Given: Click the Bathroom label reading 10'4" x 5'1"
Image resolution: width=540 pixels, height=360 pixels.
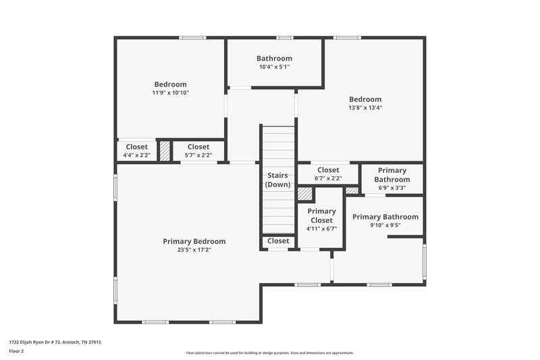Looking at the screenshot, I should (x=274, y=63).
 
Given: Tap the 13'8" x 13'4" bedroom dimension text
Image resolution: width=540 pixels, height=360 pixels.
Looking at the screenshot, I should (x=365, y=107).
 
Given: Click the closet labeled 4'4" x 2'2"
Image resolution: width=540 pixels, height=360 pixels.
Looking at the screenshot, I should (x=136, y=151).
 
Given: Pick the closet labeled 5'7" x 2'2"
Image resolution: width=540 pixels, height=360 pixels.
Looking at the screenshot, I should (x=198, y=151).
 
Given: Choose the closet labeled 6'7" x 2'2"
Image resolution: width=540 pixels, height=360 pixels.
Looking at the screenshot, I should (x=328, y=174).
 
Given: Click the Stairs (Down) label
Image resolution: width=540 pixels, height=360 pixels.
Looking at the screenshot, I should (x=277, y=180).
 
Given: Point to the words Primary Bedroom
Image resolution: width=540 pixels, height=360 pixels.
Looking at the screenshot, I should (x=194, y=241).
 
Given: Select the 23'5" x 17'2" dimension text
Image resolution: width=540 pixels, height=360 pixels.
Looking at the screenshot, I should (x=194, y=250).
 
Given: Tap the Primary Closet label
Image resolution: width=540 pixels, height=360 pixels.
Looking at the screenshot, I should (x=321, y=215).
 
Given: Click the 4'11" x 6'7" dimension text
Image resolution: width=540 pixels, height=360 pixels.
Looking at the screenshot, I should (x=321, y=228).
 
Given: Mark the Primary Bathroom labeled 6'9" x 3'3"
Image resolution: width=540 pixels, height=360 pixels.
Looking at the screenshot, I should (x=392, y=179).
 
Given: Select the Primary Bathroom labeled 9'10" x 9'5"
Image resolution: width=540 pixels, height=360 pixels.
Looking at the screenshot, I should (x=385, y=221).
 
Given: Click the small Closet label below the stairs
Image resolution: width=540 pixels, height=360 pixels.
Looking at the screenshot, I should (x=278, y=241).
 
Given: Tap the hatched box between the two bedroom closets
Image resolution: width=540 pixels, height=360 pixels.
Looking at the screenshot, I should (x=164, y=150).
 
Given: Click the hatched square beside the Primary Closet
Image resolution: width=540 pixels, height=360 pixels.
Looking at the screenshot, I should (x=306, y=195).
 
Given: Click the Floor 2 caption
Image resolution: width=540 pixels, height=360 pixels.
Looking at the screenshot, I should (x=17, y=352).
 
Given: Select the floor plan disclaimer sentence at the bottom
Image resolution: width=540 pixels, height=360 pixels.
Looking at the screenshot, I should (x=269, y=353).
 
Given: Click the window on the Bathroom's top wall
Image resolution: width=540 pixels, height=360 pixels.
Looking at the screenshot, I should (x=285, y=38).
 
